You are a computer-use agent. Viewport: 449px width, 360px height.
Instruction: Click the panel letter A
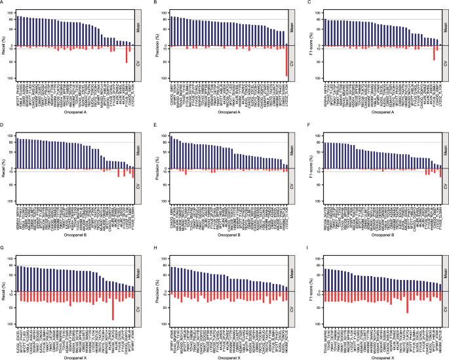[x=3, y=3]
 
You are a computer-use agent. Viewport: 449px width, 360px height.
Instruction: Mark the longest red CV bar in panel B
[x=286, y=62]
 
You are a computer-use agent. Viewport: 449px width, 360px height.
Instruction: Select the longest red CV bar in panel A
[x=127, y=54]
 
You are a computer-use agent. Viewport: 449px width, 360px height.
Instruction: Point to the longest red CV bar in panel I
[x=408, y=303]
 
